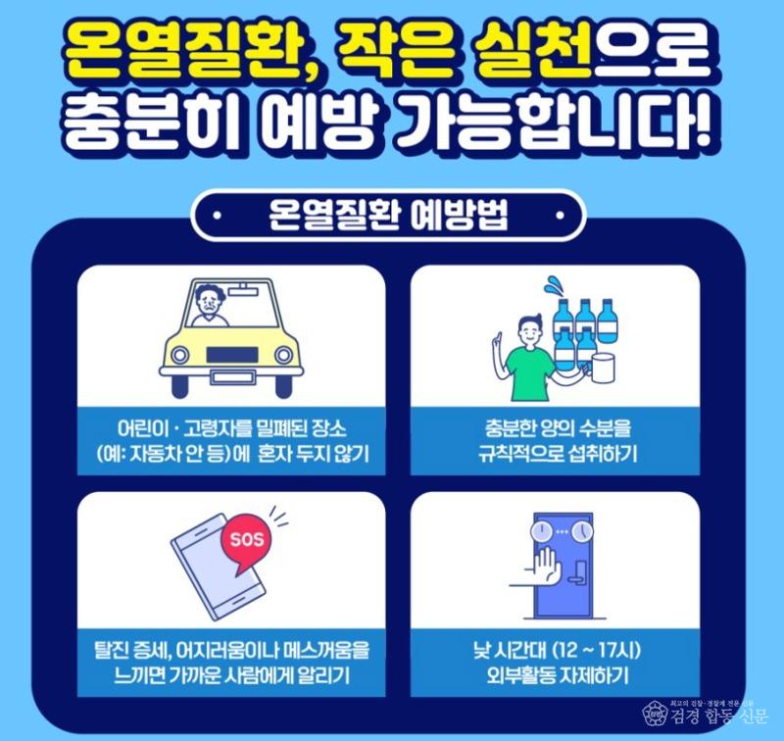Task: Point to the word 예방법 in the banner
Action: (459, 216)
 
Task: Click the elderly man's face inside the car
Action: (207, 302)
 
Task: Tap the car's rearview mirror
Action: (242, 288)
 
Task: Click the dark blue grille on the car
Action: (232, 355)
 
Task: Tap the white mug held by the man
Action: (602, 368)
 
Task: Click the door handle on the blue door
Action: (579, 571)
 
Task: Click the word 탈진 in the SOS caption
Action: (112, 651)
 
